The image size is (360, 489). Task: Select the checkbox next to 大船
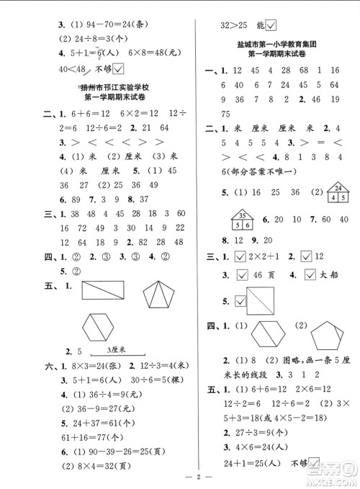point(312,275)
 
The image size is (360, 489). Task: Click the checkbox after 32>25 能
point(271,26)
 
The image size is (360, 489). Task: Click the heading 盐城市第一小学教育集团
point(277,46)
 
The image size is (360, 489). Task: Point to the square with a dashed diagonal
point(256,297)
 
